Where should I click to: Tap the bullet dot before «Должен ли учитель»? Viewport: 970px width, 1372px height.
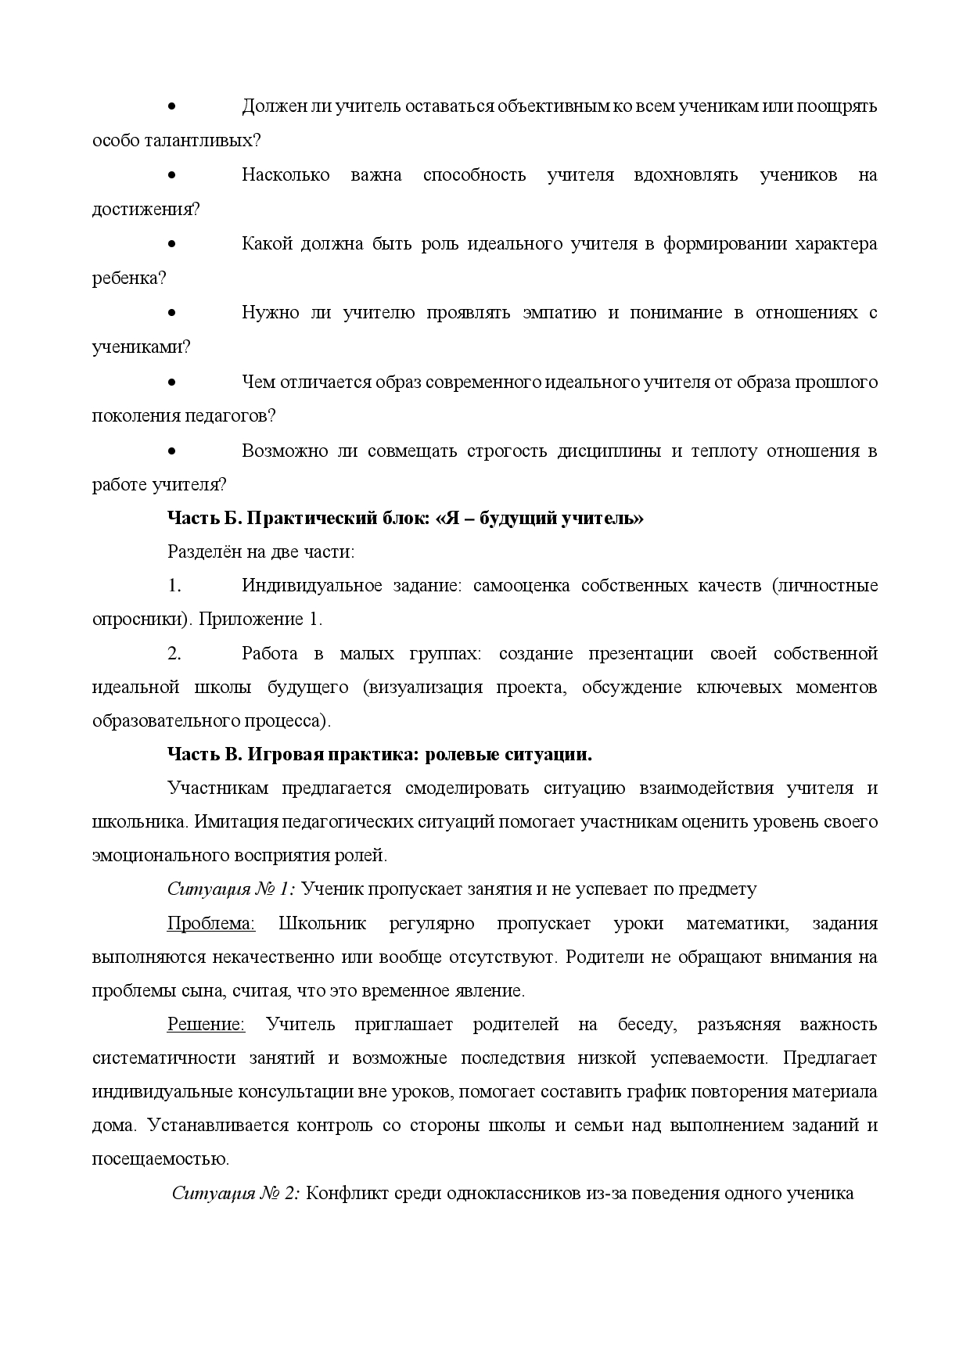[171, 106]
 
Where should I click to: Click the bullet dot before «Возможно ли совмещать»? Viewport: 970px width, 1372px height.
[171, 451]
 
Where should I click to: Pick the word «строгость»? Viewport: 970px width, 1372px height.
[506, 451]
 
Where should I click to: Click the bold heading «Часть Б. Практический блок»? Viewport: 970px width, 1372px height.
[405, 518]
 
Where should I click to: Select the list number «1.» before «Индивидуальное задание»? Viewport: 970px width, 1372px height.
[174, 586]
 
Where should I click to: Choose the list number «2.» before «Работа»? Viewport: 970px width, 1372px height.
[174, 654]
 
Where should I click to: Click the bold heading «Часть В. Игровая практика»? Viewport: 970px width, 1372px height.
[379, 755]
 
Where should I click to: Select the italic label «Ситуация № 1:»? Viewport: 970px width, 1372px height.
[231, 889]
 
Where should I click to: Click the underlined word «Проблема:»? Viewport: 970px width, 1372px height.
[211, 924]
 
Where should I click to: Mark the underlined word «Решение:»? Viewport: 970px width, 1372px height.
[206, 1025]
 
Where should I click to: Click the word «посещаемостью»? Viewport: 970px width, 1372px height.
[160, 1159]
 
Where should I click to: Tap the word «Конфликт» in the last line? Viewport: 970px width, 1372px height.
[342, 1194]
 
